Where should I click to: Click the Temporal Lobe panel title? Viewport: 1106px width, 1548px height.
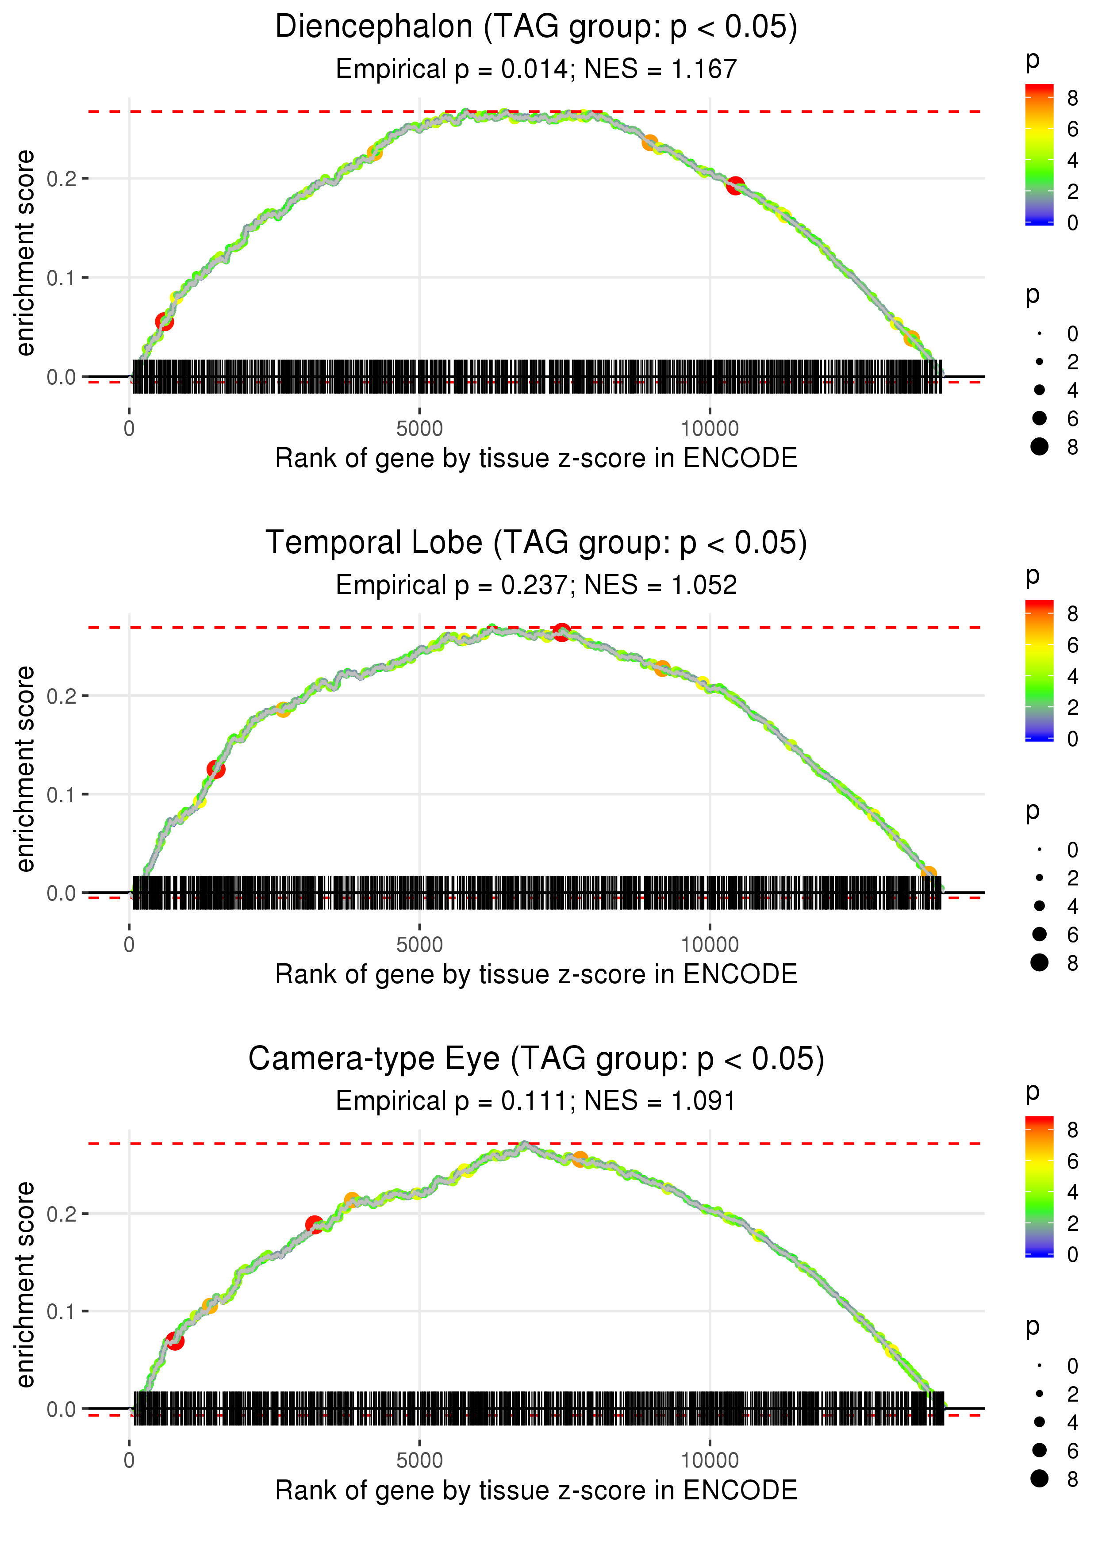point(536,543)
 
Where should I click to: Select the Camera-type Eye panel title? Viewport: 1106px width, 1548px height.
point(536,1059)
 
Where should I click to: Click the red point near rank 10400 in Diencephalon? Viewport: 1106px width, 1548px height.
point(735,185)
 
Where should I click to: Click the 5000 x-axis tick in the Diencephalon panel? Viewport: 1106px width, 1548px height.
point(419,429)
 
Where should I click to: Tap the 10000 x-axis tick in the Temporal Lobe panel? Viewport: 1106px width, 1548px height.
point(710,945)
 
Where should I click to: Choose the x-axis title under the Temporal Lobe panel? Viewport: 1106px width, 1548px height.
point(536,974)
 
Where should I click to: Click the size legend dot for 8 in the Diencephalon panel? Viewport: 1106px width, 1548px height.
point(1039,447)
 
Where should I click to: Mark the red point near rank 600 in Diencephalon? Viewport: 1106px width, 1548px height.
point(164,321)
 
